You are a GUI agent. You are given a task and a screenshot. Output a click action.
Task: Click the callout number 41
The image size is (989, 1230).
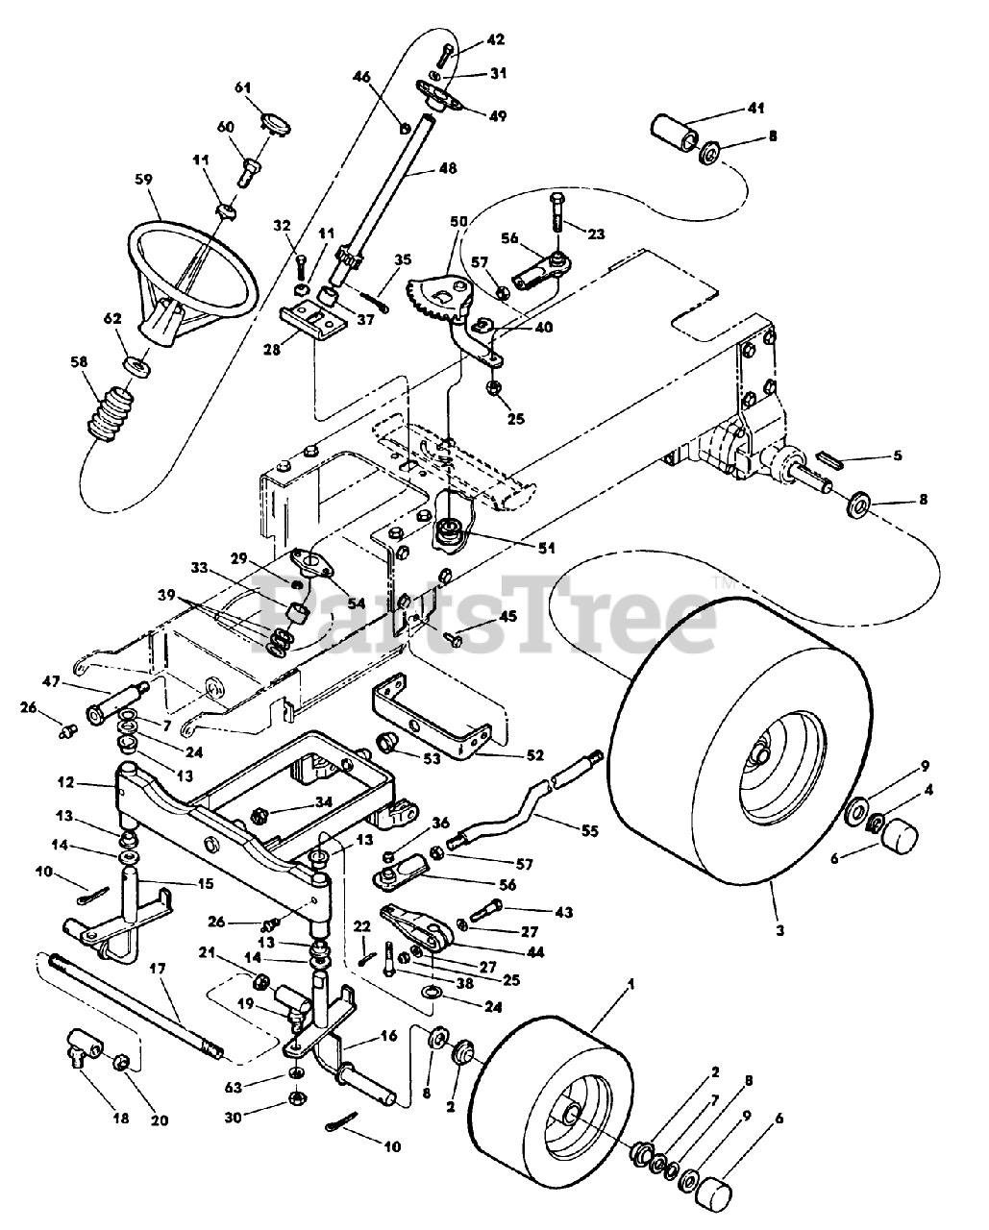point(754,109)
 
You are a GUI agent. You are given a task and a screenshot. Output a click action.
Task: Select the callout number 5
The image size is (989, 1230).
point(896,455)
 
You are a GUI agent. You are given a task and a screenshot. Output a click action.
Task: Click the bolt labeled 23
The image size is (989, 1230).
point(559,212)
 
